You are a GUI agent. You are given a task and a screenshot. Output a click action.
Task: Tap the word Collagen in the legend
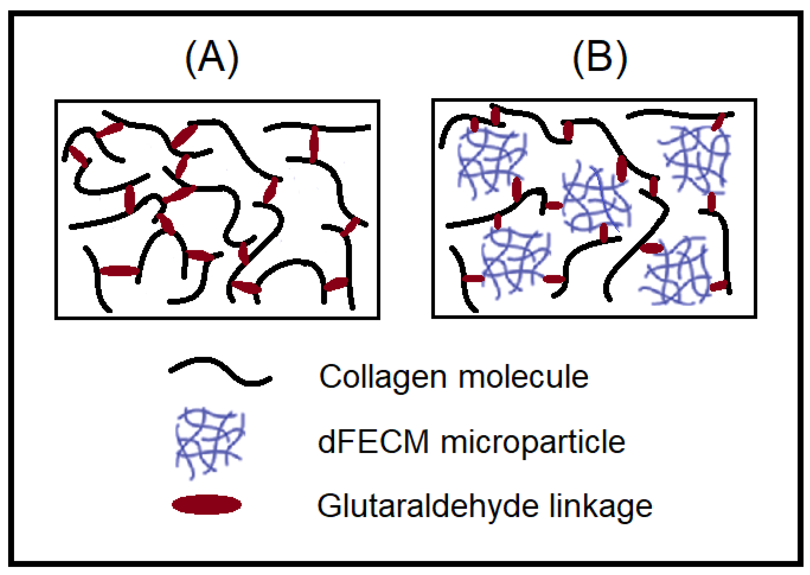pyautogui.click(x=382, y=377)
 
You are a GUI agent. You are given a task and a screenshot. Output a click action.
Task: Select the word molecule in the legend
pyautogui.click(x=524, y=377)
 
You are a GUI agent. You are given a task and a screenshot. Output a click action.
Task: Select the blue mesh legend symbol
pyautogui.click(x=209, y=443)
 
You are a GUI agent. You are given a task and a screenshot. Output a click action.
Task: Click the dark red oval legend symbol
pyautogui.click(x=207, y=505)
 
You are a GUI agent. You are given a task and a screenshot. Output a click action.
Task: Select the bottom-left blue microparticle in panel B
pyautogui.click(x=515, y=262)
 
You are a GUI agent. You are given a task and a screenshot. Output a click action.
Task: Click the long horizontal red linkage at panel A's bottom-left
pyautogui.click(x=119, y=271)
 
